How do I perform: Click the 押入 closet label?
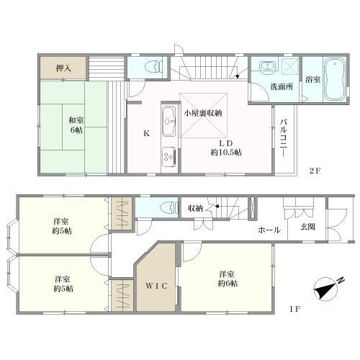pos(63,68)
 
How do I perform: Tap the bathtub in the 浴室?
pos(335,79)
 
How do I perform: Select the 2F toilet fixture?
pos(155,66)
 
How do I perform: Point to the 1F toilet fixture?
pos(169,207)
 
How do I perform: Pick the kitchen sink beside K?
pos(169,122)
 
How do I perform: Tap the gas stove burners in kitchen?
pos(169,157)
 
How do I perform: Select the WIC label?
pos(156,286)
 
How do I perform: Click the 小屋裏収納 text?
pos(203,113)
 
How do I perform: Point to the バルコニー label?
pos(284,138)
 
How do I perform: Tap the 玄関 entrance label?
pos(308,227)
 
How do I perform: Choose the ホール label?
pos(269,230)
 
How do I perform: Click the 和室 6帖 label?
pos(76,125)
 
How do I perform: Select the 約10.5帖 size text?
pos(226,152)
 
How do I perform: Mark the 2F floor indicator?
pos(315,171)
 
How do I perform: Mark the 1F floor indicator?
pos(294,309)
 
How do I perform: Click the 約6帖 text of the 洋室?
pos(228,284)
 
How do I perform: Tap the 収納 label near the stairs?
pos(196,208)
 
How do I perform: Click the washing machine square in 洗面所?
pos(289,65)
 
